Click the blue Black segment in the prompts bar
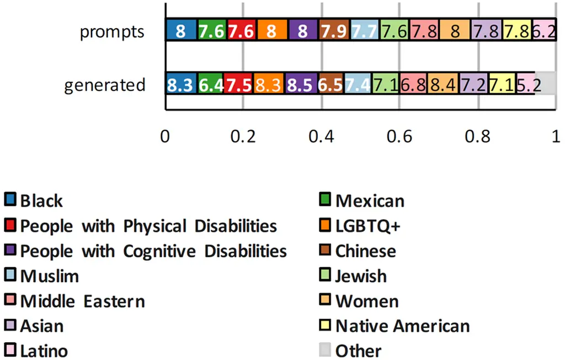(181, 31)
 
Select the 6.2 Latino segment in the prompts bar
(543, 31)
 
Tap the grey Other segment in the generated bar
(545, 85)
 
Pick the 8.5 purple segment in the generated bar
(302, 85)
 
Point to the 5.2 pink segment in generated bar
(526, 85)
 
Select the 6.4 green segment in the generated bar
(210, 85)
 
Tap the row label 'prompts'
(112, 32)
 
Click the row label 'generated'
(105, 86)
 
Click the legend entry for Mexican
(370, 201)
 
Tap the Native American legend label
(402, 326)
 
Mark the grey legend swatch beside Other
(326, 351)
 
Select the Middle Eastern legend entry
(82, 301)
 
